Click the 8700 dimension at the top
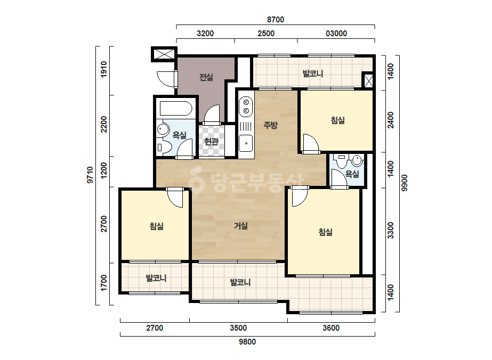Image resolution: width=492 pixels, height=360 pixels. [276, 20]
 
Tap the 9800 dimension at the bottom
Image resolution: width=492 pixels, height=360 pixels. [247, 342]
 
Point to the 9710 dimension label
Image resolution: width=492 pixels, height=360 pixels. [90, 175]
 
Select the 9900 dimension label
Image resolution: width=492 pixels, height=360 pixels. [405, 183]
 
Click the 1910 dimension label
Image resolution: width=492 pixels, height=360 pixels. [104, 69]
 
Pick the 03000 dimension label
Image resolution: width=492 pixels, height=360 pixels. [336, 34]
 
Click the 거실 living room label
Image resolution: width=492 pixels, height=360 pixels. [240, 226]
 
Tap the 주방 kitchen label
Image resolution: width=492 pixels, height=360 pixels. [270, 125]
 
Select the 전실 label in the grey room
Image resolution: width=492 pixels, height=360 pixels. [206, 77]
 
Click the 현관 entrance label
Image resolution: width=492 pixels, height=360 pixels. [211, 142]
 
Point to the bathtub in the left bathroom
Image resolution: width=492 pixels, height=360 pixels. [176, 108]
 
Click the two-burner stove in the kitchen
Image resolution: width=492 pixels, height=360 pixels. [246, 107]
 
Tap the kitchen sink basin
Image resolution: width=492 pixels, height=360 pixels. [246, 143]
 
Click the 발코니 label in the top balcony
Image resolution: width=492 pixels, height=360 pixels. [312, 73]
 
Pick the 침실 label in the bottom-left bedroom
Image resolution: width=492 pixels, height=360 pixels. [157, 226]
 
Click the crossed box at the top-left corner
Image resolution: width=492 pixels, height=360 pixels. [164, 54]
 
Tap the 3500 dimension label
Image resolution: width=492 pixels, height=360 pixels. [238, 328]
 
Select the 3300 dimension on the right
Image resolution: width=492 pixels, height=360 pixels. [390, 231]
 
